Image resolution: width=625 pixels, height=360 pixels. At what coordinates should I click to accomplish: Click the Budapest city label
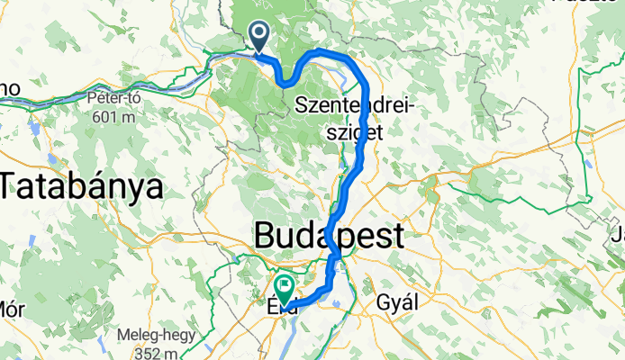click(329, 237)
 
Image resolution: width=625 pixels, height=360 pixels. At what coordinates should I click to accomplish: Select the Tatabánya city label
click(82, 186)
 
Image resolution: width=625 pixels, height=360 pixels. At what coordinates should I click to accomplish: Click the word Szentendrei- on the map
click(354, 106)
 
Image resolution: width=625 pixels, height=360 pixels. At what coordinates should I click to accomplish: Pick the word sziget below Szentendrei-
click(354, 131)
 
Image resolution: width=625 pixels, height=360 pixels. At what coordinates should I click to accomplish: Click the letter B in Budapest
click(267, 237)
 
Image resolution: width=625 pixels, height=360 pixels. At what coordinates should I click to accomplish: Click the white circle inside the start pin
click(259, 33)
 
